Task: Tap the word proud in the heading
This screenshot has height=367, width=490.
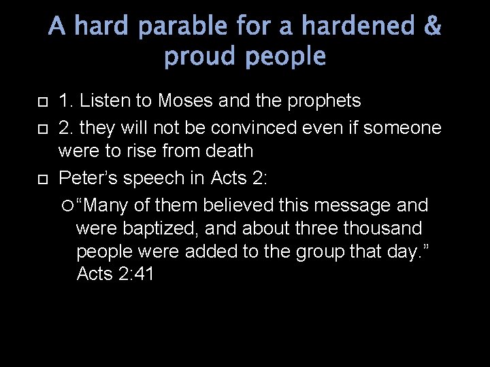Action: [x=199, y=58]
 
